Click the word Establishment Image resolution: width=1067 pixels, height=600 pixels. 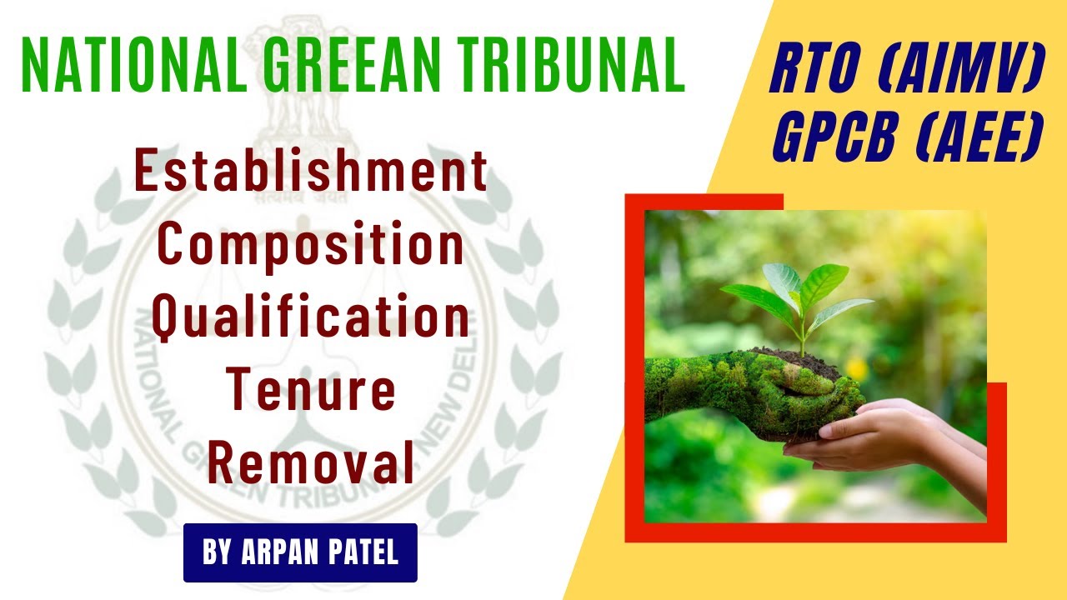tap(311, 174)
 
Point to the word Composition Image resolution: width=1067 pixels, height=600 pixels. tap(311, 247)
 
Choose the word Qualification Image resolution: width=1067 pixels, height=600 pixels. tap(311, 319)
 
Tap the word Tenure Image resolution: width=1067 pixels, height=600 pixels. tap(311, 392)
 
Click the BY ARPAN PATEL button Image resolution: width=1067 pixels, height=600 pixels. tap(300, 552)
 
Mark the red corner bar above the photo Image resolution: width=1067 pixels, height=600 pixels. tap(704, 201)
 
